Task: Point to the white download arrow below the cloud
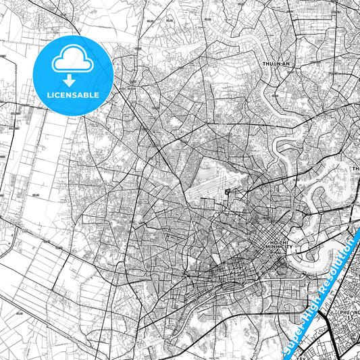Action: tap(72, 80)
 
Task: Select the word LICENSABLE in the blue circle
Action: tap(72, 95)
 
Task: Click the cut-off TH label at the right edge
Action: tap(355, 168)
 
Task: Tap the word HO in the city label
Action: tap(273, 242)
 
